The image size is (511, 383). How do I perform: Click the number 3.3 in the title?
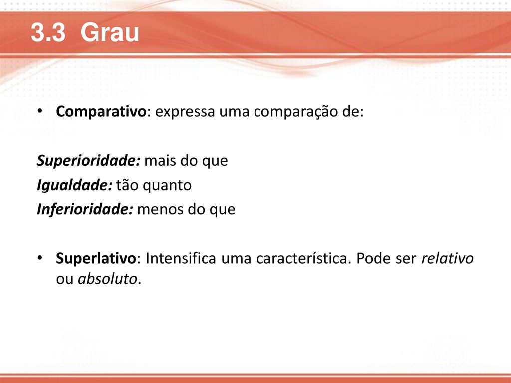coord(48,32)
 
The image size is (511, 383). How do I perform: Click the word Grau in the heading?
coord(110,32)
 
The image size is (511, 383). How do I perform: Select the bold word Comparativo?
coord(101,112)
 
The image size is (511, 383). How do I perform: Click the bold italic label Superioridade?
coord(88,160)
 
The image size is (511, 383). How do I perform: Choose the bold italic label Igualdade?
coord(75,185)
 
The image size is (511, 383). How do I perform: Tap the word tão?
coord(127,185)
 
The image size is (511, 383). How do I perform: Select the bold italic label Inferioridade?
coord(85,209)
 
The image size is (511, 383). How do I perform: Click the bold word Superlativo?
coord(96,259)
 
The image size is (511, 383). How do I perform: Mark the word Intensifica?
coord(181,259)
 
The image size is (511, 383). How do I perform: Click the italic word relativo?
coord(447,259)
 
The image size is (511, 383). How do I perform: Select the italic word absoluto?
coord(108,279)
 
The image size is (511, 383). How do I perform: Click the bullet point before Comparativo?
coord(40,111)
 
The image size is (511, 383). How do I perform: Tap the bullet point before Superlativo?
coord(40,258)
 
